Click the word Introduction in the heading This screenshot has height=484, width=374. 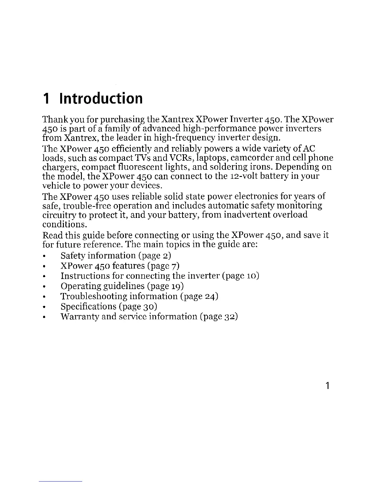pyautogui.click(x=101, y=98)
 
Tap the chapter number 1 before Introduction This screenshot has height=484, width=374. pyautogui.click(x=46, y=98)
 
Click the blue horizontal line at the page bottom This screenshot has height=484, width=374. pyautogui.click(x=61, y=481)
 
